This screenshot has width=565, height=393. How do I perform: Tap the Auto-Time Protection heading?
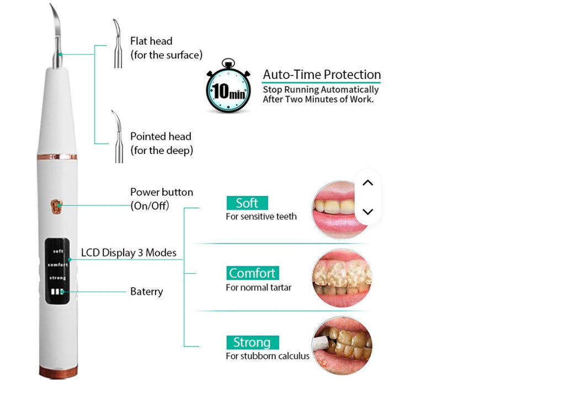(322, 75)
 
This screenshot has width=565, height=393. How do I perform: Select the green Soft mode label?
(247, 203)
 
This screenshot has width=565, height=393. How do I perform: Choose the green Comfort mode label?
(252, 273)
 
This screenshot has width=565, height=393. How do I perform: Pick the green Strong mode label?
(252, 342)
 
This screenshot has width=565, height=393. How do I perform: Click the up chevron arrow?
(368, 183)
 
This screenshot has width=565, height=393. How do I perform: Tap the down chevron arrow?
(368, 212)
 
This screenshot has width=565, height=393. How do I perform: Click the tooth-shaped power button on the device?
(56, 206)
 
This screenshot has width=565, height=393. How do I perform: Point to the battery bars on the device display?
(57, 292)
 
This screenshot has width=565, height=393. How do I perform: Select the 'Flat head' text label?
(151, 41)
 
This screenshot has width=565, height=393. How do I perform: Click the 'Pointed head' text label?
(161, 136)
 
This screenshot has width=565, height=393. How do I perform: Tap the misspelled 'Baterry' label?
(146, 291)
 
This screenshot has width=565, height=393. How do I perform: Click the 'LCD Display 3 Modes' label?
(129, 253)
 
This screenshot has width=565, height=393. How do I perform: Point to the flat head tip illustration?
(117, 44)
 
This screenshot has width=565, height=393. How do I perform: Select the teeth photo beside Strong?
(342, 346)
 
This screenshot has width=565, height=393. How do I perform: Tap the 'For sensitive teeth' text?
(261, 216)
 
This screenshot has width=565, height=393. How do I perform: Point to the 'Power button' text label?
(161, 192)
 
